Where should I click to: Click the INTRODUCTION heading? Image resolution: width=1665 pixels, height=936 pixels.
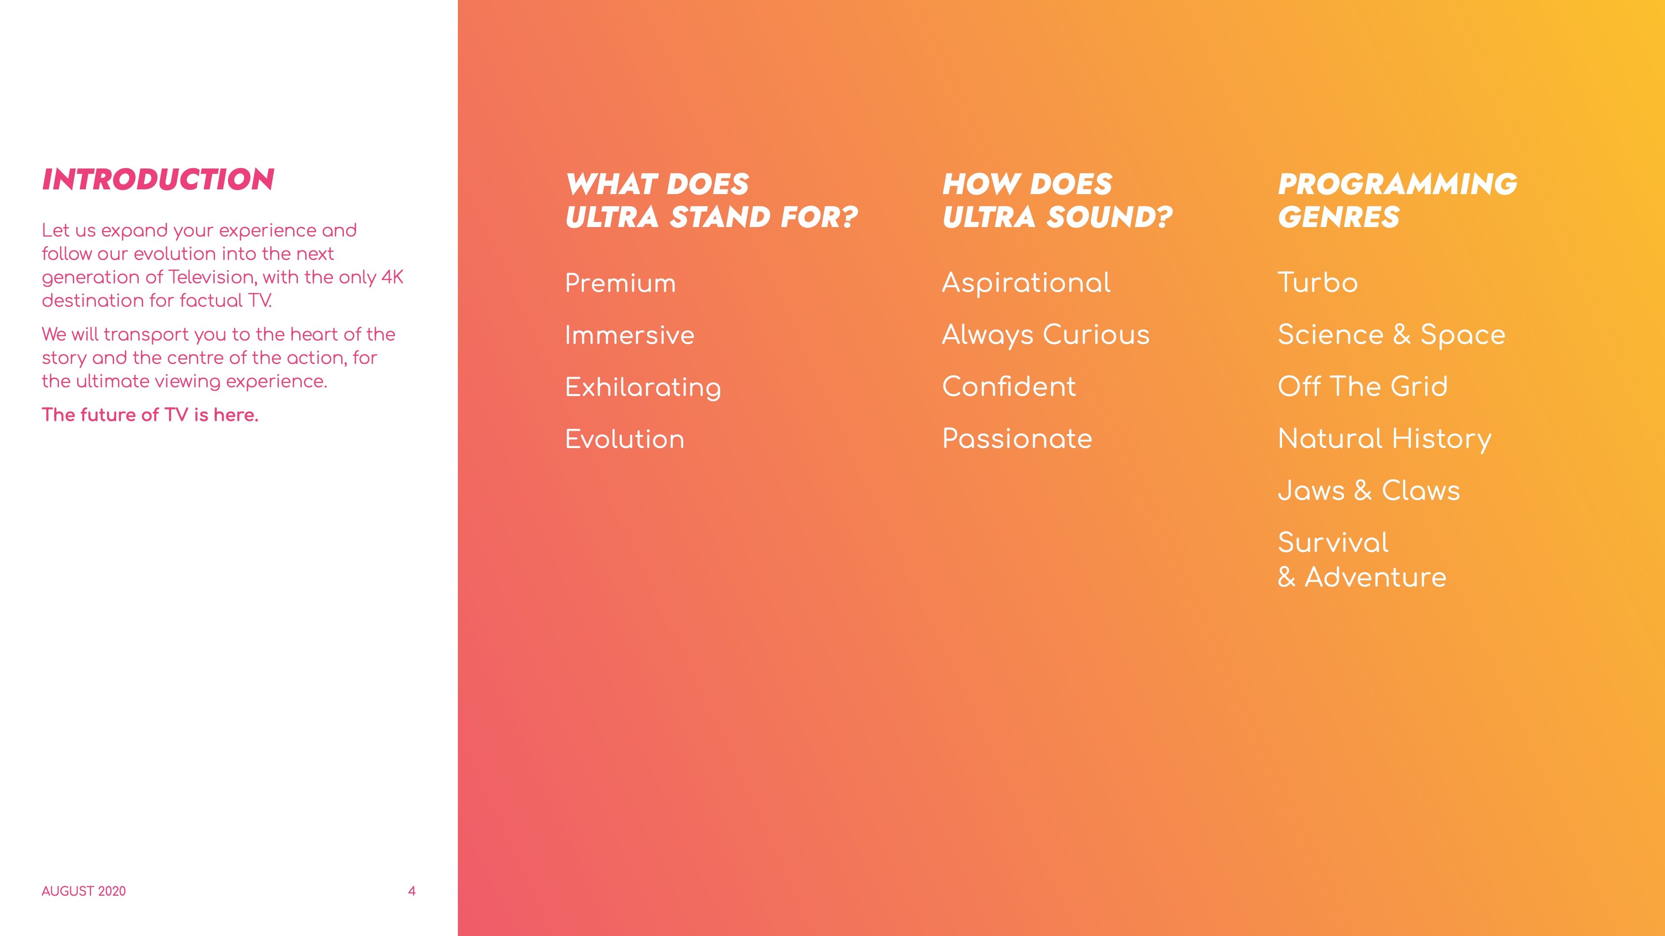pos(158,179)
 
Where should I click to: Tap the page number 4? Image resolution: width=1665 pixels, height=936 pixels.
pos(412,891)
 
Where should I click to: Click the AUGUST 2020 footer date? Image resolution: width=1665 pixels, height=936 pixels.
pos(83,891)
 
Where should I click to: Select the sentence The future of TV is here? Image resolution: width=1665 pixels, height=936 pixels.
pos(150,415)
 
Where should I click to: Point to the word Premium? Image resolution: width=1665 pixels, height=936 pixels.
pos(620,283)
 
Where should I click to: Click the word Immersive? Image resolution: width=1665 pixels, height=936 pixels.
pos(630,335)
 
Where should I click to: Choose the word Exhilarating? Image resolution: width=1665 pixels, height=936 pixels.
pos(643,387)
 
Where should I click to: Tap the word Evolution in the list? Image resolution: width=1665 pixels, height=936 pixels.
pos(625,439)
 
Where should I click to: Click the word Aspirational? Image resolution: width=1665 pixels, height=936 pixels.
pos(1026,283)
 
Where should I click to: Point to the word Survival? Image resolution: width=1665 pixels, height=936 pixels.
pos(1333,543)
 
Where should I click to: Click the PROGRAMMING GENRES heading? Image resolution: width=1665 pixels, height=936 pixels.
pos(1397,200)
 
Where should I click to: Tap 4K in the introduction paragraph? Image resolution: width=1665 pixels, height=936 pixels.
pos(392,277)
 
